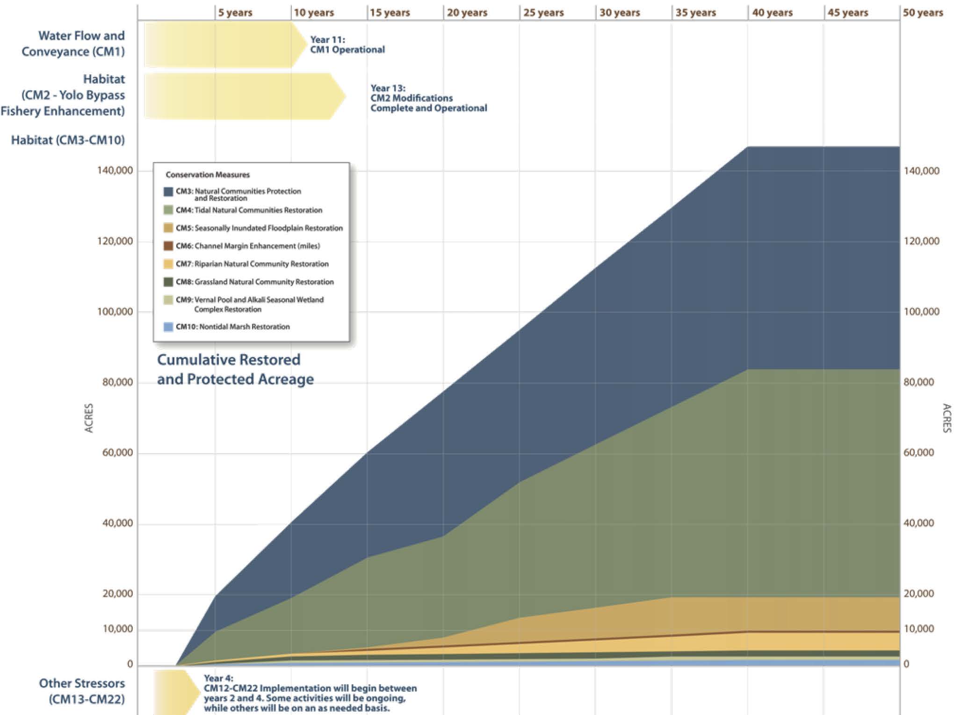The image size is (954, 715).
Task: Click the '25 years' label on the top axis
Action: [x=543, y=13]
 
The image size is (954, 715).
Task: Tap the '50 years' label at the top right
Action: [x=923, y=13]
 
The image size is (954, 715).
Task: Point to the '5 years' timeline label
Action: [x=235, y=13]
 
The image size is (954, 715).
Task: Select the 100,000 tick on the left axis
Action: [x=115, y=312]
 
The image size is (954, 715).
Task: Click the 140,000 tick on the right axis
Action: [x=921, y=171]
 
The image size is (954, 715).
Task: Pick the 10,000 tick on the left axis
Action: [x=117, y=629]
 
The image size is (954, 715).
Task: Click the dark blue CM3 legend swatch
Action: [x=168, y=192]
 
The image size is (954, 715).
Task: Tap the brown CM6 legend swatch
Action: [x=168, y=246]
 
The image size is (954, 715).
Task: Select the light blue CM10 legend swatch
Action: [x=168, y=327]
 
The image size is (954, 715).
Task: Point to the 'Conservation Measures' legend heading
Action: [x=208, y=175]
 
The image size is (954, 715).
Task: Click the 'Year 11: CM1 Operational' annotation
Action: [x=347, y=45]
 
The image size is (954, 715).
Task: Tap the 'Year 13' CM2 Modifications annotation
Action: [x=428, y=98]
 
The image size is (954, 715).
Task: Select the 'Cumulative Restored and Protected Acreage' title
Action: [x=235, y=369]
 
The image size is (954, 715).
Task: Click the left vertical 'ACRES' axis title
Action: [x=89, y=418]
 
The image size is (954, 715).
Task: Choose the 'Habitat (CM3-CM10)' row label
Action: [x=68, y=140]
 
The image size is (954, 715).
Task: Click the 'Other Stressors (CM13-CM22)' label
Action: [x=82, y=691]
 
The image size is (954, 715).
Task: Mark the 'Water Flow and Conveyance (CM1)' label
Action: [x=73, y=43]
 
